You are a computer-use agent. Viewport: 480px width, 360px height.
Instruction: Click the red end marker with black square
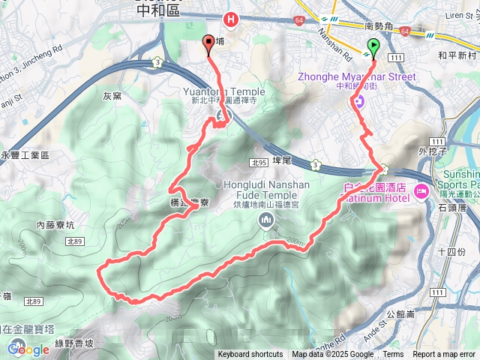pyautogui.click(x=208, y=45)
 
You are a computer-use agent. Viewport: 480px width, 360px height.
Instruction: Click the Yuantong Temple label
pyautogui.click(x=223, y=91)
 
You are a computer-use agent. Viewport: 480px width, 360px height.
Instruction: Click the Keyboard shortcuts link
pyautogui.click(x=250, y=355)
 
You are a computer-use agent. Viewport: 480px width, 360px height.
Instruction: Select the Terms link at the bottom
pyautogui.click(x=393, y=355)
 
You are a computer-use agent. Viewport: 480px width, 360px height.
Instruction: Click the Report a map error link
pyautogui.click(x=445, y=355)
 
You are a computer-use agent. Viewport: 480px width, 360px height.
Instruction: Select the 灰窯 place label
pyautogui.click(x=112, y=95)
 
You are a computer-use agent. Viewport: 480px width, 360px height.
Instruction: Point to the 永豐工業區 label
pyautogui.click(x=25, y=154)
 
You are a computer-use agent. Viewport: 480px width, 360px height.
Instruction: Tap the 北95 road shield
pyautogui.click(x=259, y=162)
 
